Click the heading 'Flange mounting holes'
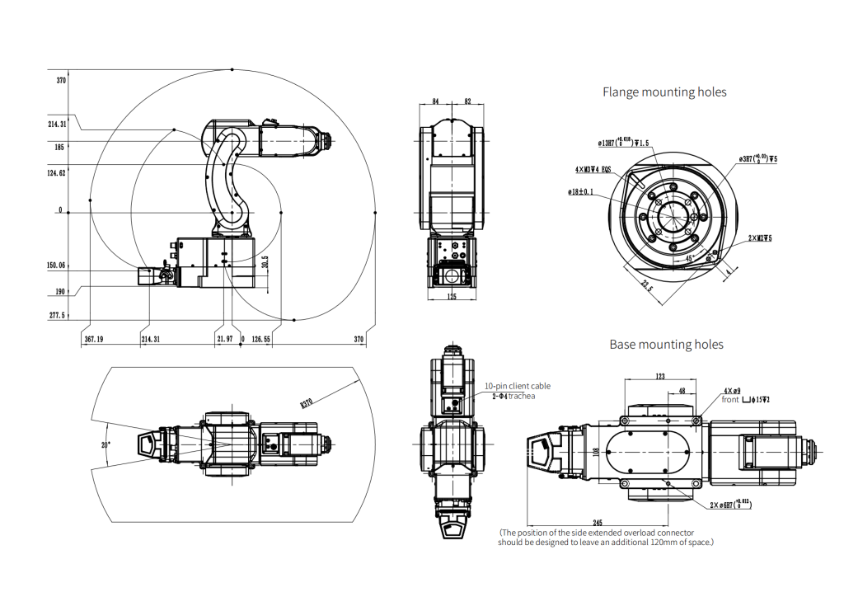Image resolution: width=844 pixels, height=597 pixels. pos(664,92)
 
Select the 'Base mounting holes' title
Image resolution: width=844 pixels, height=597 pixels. pos(666,344)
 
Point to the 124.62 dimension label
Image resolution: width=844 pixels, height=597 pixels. pos(57,173)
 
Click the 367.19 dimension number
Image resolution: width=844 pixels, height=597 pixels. pos(94,339)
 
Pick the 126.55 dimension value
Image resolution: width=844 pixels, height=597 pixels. pos(260,339)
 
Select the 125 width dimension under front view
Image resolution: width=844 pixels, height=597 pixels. pos(452,296)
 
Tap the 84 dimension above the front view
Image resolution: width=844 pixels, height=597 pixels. pos(435,101)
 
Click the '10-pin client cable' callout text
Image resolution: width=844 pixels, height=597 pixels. pos(518,385)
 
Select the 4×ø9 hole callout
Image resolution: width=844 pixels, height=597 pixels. pos(732,390)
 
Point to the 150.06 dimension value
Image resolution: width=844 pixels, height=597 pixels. pos(57,266)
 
